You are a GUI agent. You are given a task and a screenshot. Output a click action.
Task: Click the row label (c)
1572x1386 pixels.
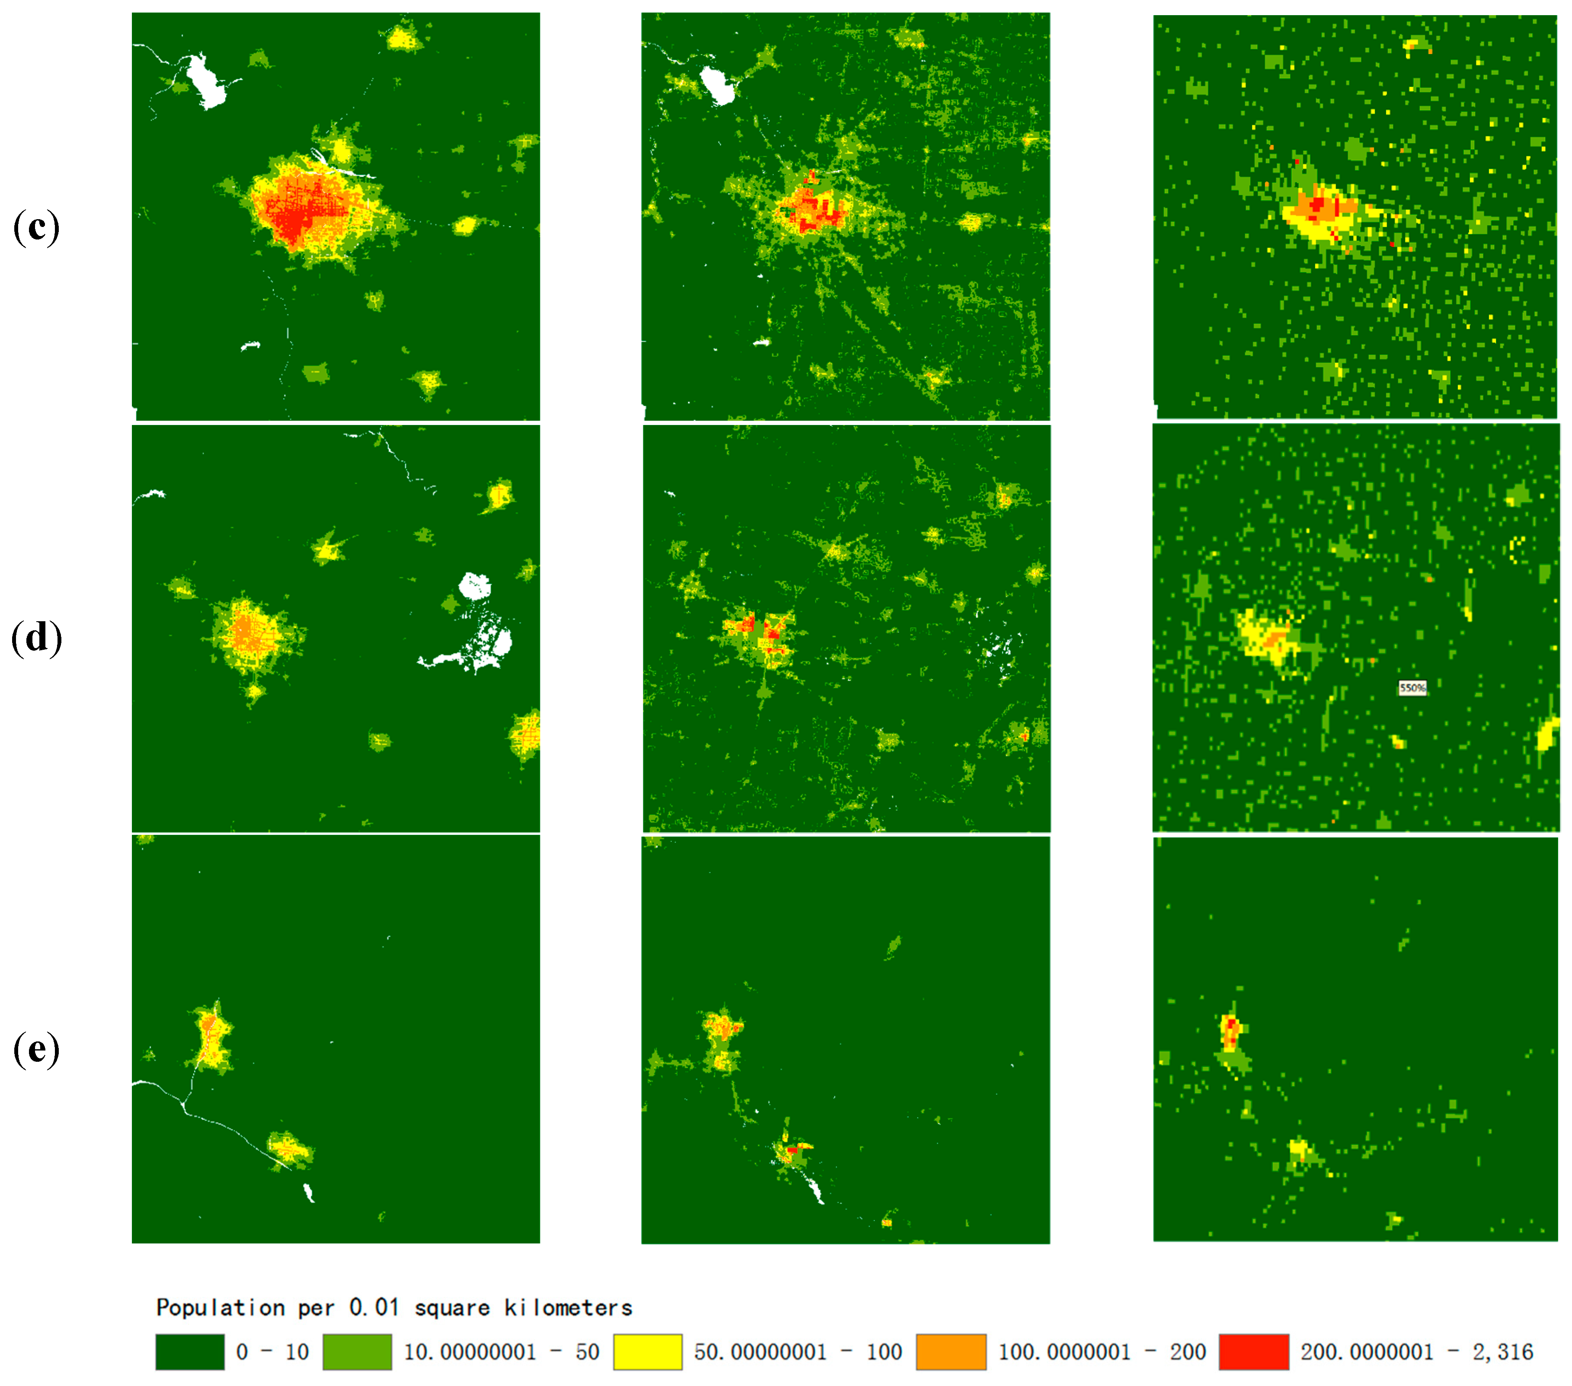point(36,228)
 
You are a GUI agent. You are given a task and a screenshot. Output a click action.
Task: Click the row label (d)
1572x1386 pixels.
point(36,638)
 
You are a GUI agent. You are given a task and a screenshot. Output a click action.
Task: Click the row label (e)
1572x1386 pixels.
point(36,1049)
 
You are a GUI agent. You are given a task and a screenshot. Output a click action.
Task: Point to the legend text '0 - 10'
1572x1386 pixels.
point(272,1352)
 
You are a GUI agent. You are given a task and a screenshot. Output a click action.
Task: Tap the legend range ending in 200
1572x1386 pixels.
point(1101,1352)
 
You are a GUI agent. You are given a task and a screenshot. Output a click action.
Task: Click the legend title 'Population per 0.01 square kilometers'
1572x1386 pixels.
point(394,1308)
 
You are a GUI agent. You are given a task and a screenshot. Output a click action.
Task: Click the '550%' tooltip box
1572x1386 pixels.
point(1412,688)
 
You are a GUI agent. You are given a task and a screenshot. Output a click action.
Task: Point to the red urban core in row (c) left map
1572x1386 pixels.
point(292,219)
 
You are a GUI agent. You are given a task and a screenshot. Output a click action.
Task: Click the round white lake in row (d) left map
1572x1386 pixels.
point(475,587)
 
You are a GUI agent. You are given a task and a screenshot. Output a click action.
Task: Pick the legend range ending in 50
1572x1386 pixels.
point(502,1352)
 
